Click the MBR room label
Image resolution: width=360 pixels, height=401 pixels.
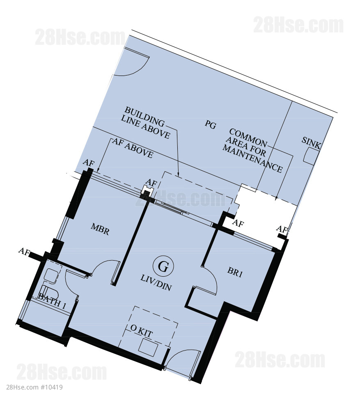click(100, 229)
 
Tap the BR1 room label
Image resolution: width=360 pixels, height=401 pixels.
click(235, 272)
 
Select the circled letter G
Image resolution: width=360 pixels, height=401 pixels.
click(163, 266)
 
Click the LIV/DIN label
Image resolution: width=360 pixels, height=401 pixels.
click(156, 283)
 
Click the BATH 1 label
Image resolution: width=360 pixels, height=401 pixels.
click(52, 301)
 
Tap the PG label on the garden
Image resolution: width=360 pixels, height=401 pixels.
click(211, 124)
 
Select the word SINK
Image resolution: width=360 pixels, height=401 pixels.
click(311, 143)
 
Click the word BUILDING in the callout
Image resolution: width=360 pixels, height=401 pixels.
click(145, 117)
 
